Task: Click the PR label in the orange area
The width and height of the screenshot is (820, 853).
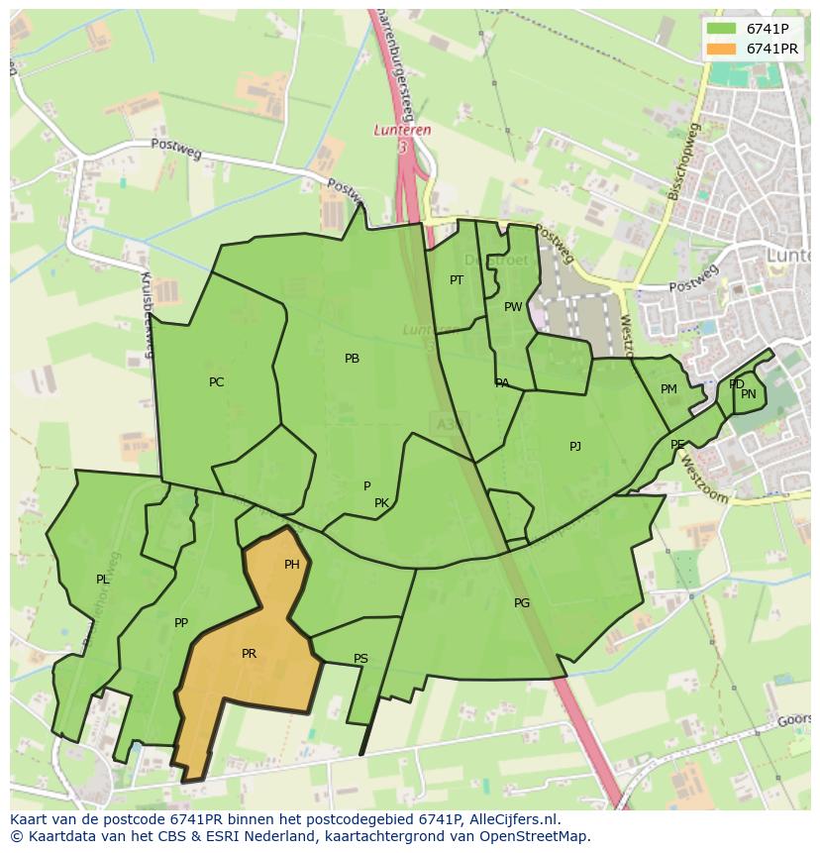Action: click(249, 654)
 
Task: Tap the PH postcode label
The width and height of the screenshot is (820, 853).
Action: click(291, 565)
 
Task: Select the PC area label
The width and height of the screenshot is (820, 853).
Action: click(216, 382)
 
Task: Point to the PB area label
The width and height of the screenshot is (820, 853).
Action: click(352, 359)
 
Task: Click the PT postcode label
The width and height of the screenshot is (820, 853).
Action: click(456, 280)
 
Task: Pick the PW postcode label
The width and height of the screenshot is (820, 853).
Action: click(512, 307)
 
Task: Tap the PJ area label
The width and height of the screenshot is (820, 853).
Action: click(574, 447)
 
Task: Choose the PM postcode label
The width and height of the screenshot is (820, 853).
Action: click(668, 389)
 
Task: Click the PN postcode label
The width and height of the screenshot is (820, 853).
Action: click(749, 394)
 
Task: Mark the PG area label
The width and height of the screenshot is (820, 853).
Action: click(522, 603)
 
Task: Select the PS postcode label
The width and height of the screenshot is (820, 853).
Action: click(360, 659)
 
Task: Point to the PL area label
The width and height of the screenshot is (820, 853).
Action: click(102, 580)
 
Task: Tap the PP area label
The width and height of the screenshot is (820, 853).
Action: click(180, 623)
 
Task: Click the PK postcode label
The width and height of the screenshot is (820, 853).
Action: click(381, 503)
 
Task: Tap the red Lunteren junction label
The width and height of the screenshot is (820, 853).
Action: click(403, 130)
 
